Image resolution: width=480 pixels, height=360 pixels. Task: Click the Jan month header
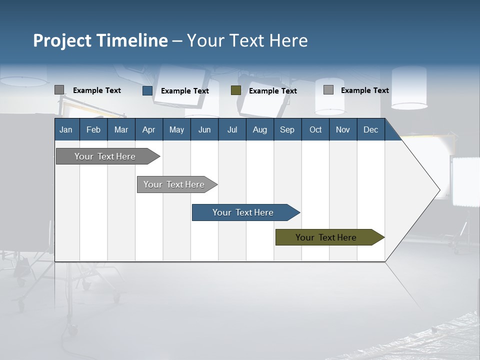(66, 129)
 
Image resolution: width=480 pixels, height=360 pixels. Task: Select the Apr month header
(148, 129)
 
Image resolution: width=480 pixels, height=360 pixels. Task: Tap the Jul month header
(232, 129)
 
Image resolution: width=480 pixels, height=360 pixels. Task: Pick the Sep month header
(287, 129)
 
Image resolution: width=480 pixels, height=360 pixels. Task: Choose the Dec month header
(370, 129)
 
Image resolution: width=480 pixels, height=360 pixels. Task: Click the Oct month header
(315, 129)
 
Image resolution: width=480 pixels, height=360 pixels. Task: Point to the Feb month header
(93, 129)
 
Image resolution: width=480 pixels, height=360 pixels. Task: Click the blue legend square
(147, 90)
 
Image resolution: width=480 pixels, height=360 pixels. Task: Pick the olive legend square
(236, 90)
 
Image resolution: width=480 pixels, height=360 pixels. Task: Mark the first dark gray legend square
(59, 90)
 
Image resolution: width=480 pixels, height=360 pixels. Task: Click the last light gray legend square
(328, 90)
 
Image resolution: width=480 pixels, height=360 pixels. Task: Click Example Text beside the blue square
(185, 91)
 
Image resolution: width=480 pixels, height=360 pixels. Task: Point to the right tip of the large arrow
(439, 189)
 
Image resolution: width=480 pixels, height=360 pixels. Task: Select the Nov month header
(343, 129)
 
